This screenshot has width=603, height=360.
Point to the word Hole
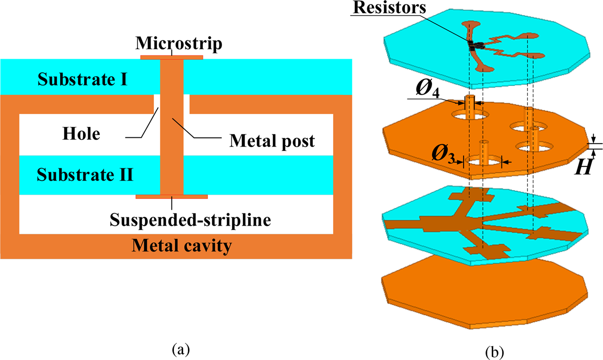tap(81, 133)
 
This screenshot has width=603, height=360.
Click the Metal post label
tap(272, 141)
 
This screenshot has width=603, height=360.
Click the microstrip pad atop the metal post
tap(171, 57)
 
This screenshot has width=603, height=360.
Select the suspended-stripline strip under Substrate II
tap(171, 196)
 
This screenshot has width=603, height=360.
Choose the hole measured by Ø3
tap(483, 161)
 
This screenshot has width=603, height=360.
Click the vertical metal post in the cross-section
tap(171, 126)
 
